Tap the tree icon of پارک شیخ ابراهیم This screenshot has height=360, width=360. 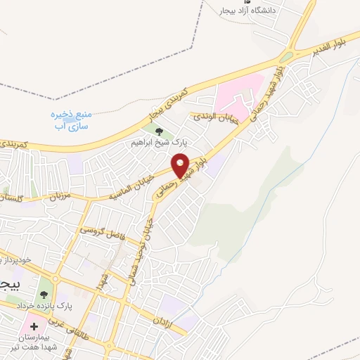(x=158, y=131)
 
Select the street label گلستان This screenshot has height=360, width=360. (x=14, y=199)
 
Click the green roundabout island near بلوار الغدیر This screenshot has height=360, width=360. (x=287, y=57)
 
